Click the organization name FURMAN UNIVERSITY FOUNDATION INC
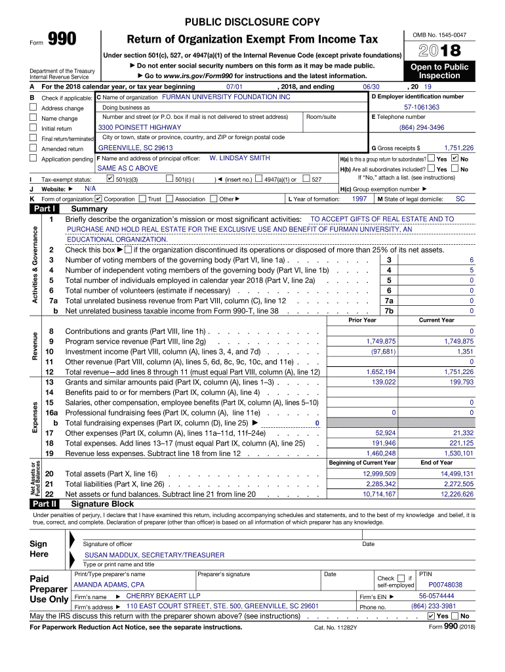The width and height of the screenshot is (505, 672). pos(226,97)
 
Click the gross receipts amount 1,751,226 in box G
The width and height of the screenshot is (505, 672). pos(458,148)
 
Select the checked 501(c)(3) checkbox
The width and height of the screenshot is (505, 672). pos(110,179)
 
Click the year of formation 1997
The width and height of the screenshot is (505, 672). pos(359,199)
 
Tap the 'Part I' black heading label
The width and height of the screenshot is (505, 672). pos(45,209)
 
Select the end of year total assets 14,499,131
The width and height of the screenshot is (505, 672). pos(457,474)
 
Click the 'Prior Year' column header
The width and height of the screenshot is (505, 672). pos(362,320)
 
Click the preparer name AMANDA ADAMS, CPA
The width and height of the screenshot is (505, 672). pos(110,584)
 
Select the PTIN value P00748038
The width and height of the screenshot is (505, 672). pos(445,584)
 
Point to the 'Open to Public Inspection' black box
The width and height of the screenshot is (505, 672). pos(439,72)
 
